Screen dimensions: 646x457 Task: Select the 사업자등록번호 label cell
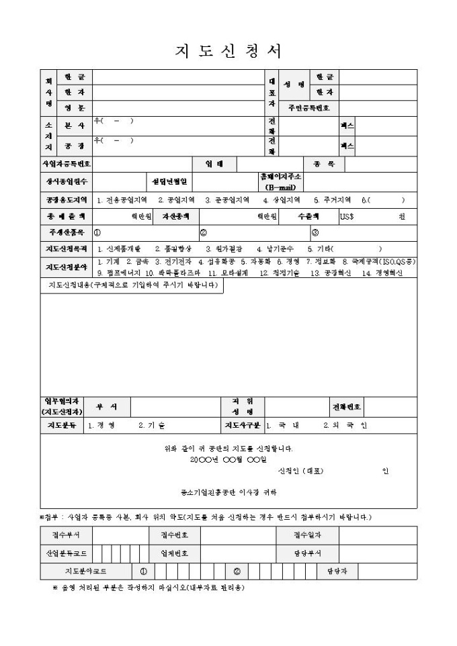(66, 163)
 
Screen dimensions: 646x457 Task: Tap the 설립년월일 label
(171, 181)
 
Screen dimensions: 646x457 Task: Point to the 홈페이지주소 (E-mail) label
(281, 181)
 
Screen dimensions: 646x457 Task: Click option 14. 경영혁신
(382, 273)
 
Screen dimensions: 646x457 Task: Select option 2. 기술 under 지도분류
(151, 425)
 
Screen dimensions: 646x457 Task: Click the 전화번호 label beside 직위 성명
(347, 407)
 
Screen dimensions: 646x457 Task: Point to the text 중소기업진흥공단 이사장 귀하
(228, 492)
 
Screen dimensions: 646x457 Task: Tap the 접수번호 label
(174, 535)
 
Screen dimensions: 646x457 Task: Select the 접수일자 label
(307, 535)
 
